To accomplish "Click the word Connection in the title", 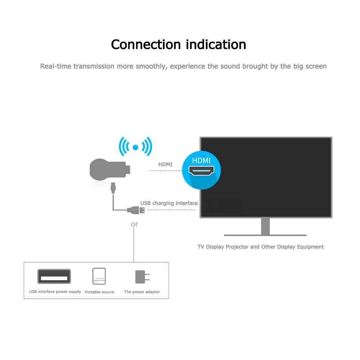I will pyautogui.click(x=146, y=45).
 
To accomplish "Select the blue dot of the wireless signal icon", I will pyautogui.click(x=136, y=147).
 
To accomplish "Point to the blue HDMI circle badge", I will pyautogui.click(x=201, y=170).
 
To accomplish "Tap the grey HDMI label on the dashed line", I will pyautogui.click(x=165, y=165).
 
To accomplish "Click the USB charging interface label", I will pyautogui.click(x=169, y=203).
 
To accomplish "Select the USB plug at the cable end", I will pyautogui.click(x=138, y=210).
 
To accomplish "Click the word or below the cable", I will pyautogui.click(x=134, y=224).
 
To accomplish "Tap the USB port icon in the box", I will pyautogui.click(x=54, y=277).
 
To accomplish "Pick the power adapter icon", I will pyautogui.click(x=142, y=277).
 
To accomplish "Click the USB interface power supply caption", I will pyautogui.click(x=55, y=292).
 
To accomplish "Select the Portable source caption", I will pyautogui.click(x=100, y=292).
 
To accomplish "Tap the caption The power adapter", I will pyautogui.click(x=142, y=292).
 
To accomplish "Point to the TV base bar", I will pyautogui.click(x=265, y=235).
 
